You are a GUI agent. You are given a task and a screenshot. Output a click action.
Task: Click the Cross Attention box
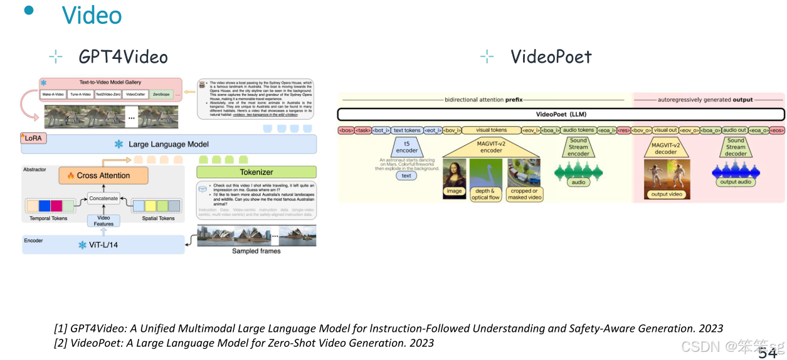(103, 176)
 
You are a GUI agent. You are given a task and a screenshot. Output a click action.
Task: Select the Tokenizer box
(256, 172)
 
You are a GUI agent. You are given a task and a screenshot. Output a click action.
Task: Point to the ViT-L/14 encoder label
(103, 245)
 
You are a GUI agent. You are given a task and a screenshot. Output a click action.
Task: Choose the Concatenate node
(103, 198)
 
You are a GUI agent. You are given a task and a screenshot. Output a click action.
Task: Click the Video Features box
(103, 220)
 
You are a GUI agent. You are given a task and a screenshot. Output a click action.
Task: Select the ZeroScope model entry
(161, 95)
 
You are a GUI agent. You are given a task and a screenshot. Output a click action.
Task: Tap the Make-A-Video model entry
(53, 95)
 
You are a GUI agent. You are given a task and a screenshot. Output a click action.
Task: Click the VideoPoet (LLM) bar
(561, 115)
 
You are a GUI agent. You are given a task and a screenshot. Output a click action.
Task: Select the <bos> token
(346, 130)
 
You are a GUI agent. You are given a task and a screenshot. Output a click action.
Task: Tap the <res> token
(623, 130)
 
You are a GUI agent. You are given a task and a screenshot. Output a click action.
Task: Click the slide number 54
(767, 353)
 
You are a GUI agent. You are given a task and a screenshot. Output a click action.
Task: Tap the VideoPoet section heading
(551, 57)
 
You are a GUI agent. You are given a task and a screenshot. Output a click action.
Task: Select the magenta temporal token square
(56, 205)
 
